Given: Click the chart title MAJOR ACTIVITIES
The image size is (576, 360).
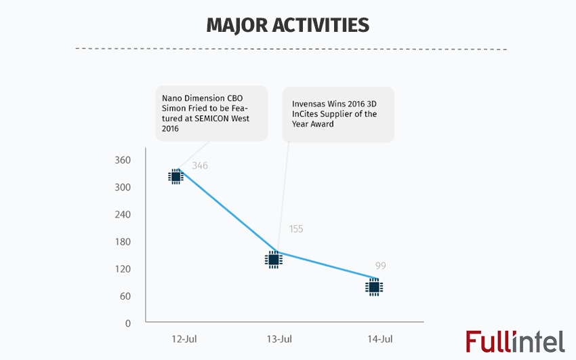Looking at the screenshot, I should [287, 25].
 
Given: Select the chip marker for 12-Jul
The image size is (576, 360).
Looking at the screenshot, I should [176, 176].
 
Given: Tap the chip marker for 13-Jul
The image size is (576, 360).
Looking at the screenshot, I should [274, 259].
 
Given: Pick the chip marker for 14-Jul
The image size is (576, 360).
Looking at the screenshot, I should [373, 287].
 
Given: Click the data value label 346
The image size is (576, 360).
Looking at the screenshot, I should [200, 165].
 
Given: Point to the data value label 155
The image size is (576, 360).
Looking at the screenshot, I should [295, 229].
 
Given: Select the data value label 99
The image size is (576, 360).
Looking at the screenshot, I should [380, 266].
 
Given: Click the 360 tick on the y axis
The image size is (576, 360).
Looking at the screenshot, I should [123, 160].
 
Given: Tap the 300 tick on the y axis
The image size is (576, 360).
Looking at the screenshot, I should [123, 187].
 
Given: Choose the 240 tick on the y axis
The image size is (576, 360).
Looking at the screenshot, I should [123, 214].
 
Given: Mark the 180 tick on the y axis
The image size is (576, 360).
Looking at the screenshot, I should [123, 242].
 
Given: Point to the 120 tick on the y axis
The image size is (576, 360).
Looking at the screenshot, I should [123, 269].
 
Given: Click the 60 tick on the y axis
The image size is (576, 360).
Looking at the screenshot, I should [125, 296].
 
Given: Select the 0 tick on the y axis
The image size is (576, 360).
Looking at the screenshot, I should [127, 323].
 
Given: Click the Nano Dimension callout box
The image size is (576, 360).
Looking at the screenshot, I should [211, 113].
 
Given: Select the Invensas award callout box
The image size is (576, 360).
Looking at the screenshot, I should [338, 115].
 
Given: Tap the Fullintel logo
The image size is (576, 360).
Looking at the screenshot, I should [515, 341].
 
